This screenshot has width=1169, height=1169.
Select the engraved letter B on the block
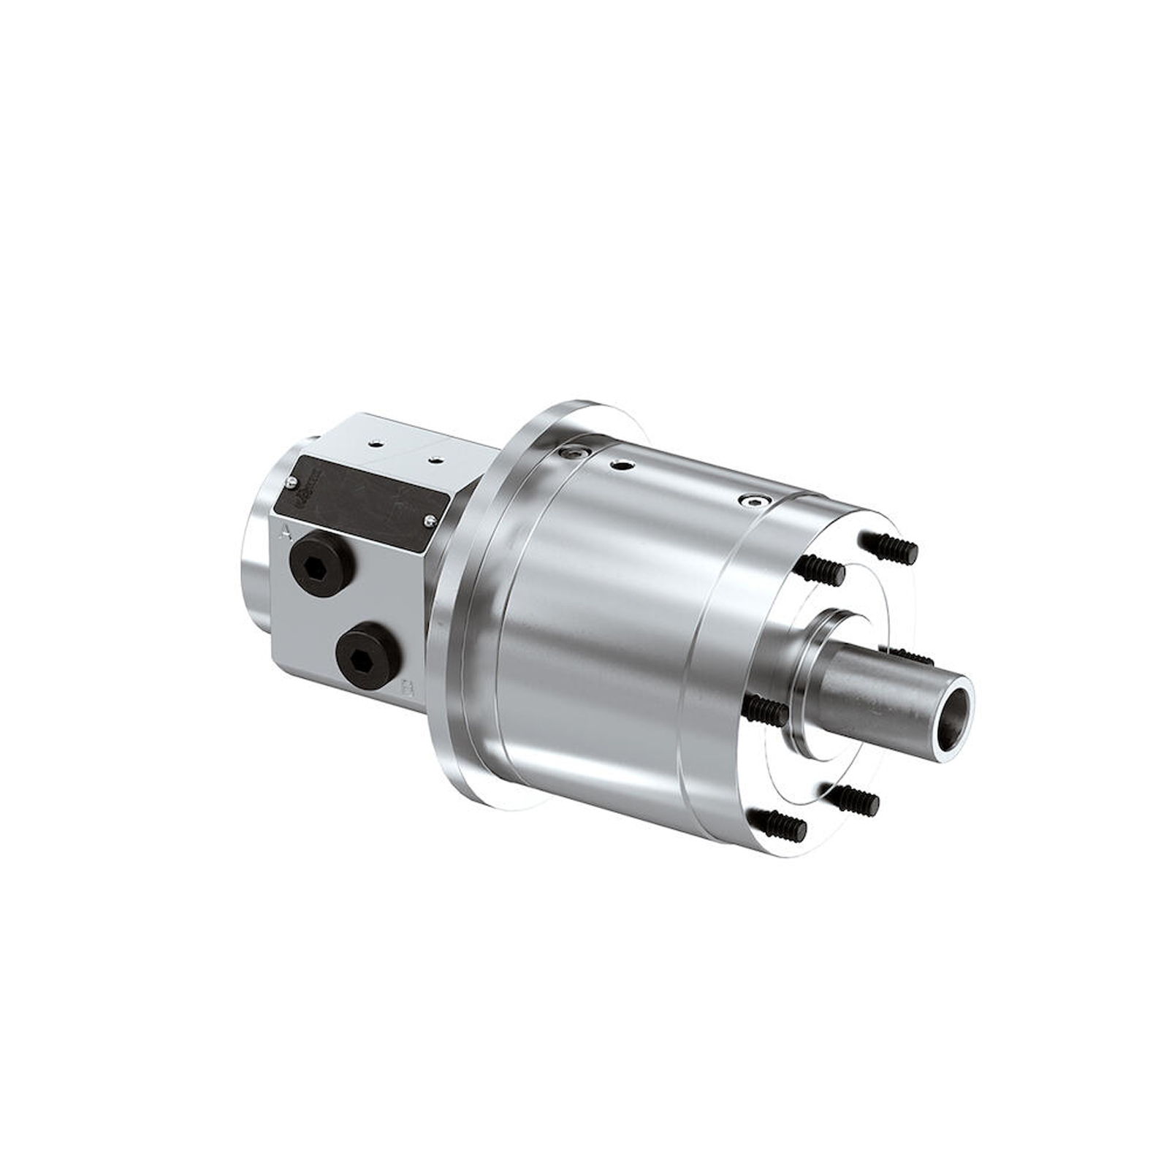(x=409, y=688)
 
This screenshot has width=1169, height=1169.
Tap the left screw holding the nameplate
(x=291, y=481)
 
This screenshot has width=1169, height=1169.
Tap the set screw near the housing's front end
(x=753, y=501)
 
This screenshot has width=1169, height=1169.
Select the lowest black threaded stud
(x=780, y=824)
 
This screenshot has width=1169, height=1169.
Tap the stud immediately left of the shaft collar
(x=765, y=709)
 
